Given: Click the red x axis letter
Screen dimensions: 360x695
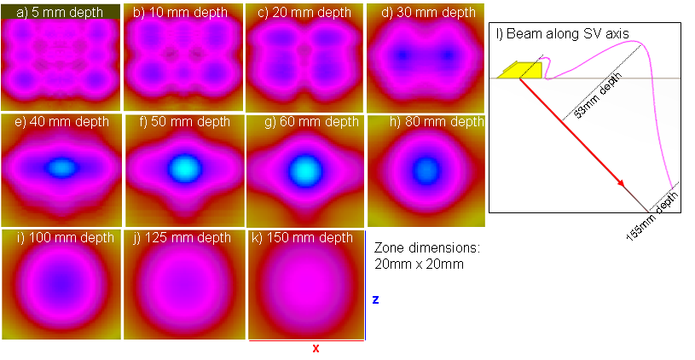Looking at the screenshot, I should coord(316,348).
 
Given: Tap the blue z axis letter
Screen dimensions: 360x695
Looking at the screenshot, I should coord(375,300).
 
